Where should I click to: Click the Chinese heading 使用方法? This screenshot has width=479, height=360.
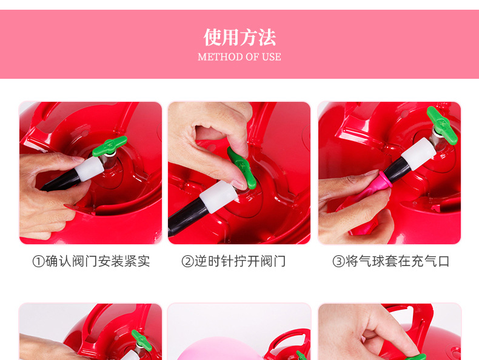(239, 38)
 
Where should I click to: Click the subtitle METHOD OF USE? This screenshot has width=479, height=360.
(239, 57)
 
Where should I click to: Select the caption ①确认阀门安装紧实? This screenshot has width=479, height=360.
(91, 261)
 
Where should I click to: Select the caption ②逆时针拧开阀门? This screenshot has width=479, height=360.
(233, 261)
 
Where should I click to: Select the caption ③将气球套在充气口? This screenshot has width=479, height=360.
(391, 261)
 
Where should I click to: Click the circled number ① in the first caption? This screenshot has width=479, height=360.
(38, 261)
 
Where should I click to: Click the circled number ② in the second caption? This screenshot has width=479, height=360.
(187, 261)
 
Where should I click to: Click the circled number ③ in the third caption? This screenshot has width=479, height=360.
(338, 261)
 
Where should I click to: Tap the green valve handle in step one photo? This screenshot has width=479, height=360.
(109, 145)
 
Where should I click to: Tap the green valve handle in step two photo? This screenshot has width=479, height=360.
(241, 168)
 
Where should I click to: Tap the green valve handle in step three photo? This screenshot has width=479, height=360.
(442, 125)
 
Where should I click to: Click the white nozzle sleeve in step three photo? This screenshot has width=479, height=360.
(418, 153)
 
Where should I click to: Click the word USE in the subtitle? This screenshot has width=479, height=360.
(271, 57)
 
